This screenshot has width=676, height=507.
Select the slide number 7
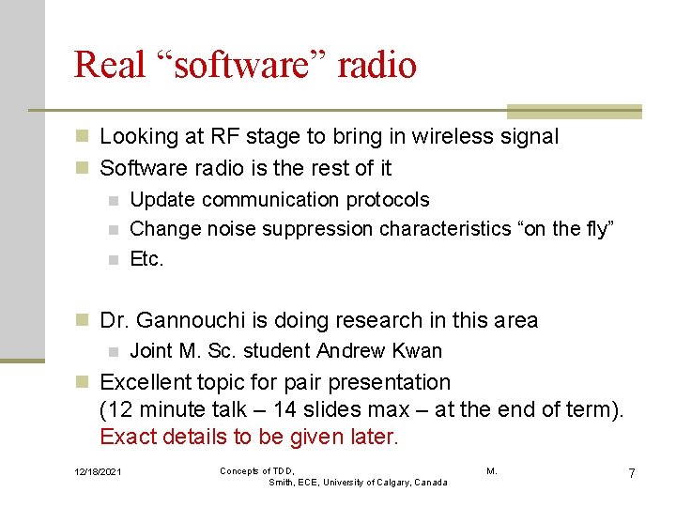point(632,473)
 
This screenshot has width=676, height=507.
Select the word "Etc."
point(146,259)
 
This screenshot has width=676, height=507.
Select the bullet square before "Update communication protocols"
point(113,200)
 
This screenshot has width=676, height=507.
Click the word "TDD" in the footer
point(281,470)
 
